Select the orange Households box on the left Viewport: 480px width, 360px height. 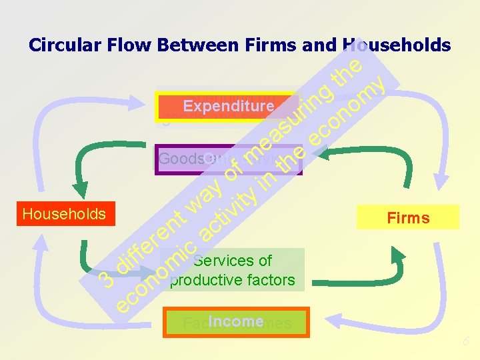pos(64,214)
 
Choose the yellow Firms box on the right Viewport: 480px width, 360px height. pos(408,217)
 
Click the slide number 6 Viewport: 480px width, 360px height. pos(468,342)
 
